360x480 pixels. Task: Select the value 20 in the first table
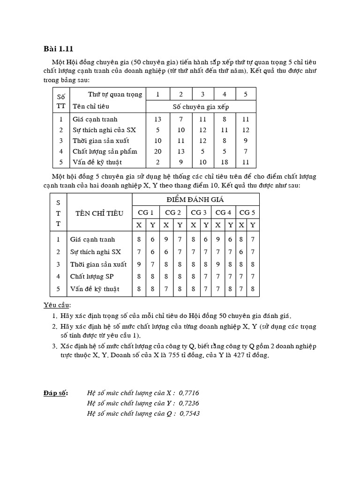158,151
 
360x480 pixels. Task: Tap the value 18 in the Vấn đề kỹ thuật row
224,162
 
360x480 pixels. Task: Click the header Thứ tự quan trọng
115,94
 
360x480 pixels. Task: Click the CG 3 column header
199,212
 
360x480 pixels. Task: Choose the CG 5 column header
247,212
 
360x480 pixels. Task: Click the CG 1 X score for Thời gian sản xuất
139,264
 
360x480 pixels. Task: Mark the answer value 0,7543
189,413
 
